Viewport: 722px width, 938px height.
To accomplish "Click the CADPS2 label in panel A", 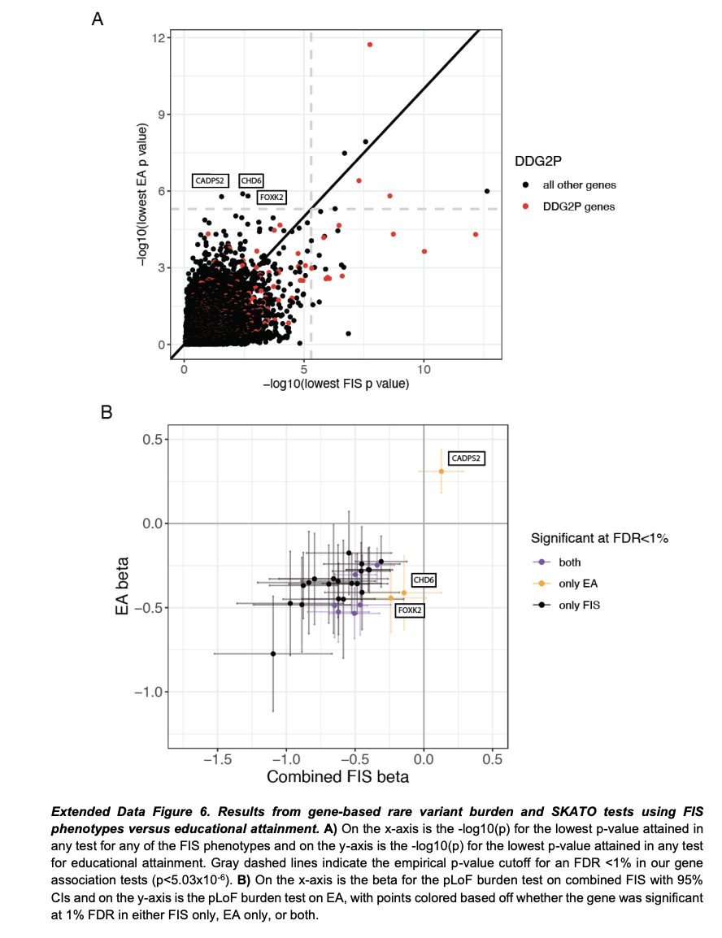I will [x=211, y=180].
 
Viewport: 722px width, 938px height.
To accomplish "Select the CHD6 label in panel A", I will [x=251, y=180].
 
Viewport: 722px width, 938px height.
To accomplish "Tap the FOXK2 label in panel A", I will [x=272, y=197].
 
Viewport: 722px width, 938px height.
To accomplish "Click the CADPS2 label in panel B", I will [x=467, y=458].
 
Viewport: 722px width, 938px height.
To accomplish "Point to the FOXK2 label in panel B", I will [x=410, y=610].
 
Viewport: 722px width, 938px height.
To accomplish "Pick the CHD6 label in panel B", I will [x=424, y=580].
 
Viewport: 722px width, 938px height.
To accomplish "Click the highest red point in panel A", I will [x=370, y=45].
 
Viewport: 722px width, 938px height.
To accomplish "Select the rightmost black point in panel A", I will [x=487, y=191].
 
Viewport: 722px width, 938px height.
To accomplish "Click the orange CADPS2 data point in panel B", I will [x=441, y=471].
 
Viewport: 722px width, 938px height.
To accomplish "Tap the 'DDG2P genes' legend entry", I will [x=579, y=206].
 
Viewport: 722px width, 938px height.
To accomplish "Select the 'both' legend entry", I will [x=570, y=562].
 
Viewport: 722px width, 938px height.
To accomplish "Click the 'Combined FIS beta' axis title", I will [x=337, y=777].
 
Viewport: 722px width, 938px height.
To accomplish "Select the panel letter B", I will [x=105, y=413].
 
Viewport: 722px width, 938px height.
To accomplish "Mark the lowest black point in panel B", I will [x=273, y=654].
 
